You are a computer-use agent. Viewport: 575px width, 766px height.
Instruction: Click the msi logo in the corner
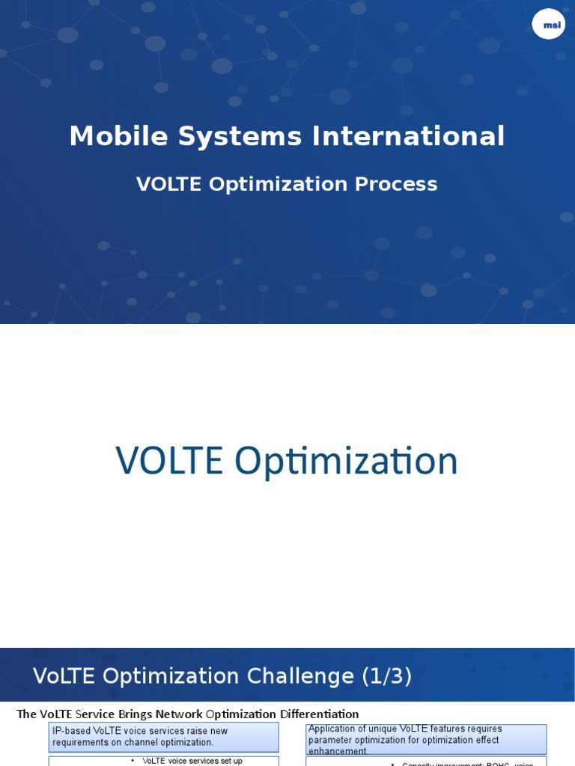click(x=549, y=25)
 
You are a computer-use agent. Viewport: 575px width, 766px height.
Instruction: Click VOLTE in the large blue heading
click(x=169, y=461)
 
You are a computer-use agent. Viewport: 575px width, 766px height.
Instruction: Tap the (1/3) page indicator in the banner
click(x=387, y=676)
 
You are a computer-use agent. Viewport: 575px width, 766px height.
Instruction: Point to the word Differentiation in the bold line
click(x=320, y=714)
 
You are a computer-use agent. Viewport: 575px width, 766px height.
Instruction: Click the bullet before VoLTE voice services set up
click(x=133, y=761)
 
